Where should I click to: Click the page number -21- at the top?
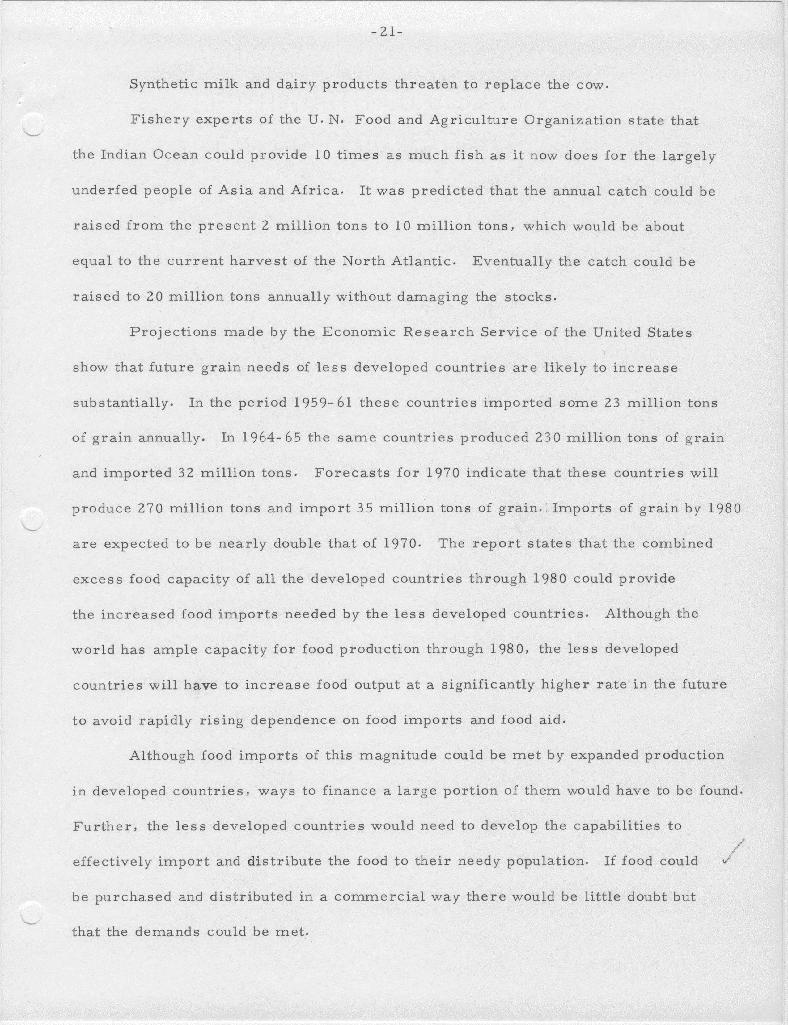(x=384, y=33)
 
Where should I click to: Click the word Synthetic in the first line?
(x=157, y=85)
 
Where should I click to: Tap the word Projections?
(x=173, y=332)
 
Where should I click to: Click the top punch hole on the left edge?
(x=33, y=125)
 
